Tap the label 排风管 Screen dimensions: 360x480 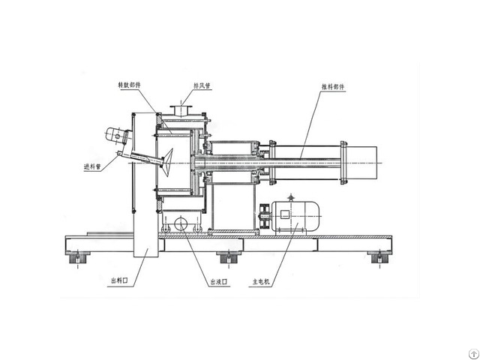pyautogui.click(x=202, y=85)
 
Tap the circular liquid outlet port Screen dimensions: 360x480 pyautogui.click(x=181, y=223)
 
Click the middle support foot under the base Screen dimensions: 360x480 pyautogui.click(x=226, y=259)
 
